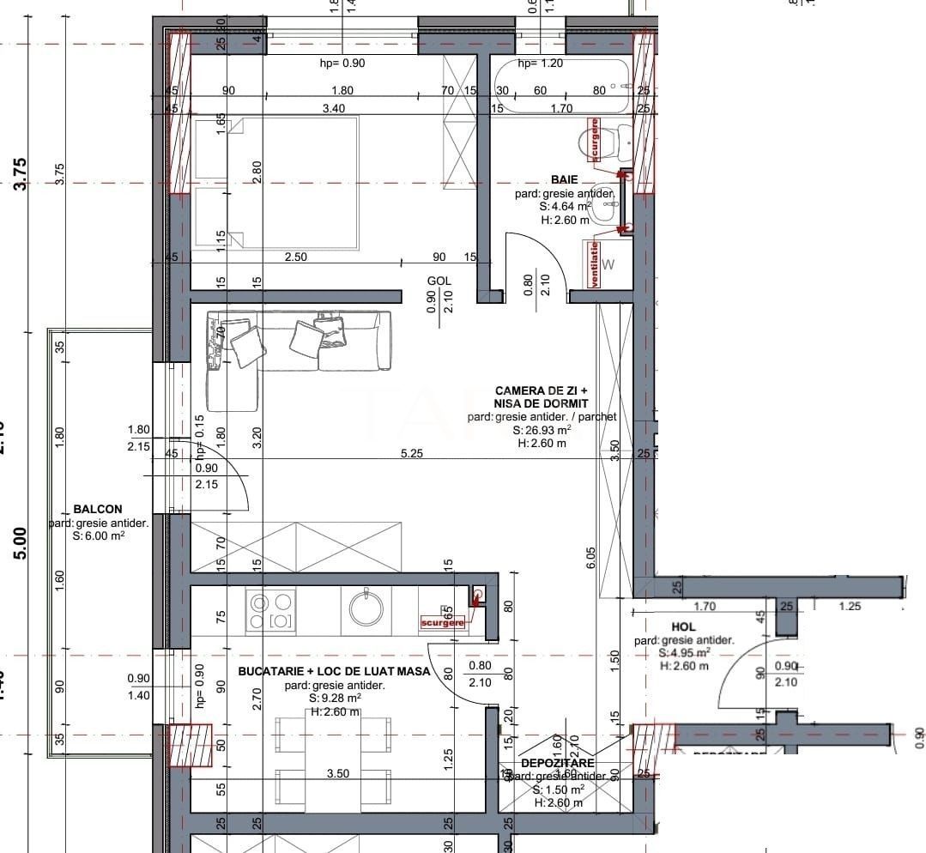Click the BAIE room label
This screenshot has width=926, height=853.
click(x=564, y=179)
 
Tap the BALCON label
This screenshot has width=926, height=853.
click(x=98, y=509)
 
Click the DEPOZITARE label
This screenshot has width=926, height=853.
click(x=557, y=762)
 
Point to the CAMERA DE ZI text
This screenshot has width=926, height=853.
click(x=541, y=390)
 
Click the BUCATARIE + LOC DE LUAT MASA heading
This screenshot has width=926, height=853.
click(x=334, y=671)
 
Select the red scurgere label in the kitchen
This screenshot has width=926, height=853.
click(x=443, y=622)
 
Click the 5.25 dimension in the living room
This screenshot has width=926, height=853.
click(x=411, y=454)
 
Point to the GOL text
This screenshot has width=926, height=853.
click(x=439, y=281)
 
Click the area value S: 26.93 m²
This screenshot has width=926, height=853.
click(x=542, y=430)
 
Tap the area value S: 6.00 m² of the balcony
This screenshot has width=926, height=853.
click(x=99, y=536)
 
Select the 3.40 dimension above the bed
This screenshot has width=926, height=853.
click(x=333, y=108)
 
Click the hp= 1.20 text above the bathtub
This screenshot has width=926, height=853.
click(x=540, y=64)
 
